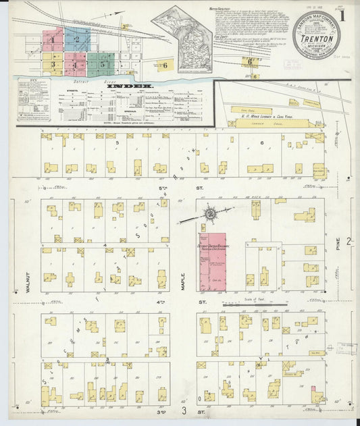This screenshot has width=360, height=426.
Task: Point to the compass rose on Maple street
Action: pyautogui.click(x=210, y=215)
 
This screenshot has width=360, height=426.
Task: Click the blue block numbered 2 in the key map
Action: pyautogui.click(x=77, y=39)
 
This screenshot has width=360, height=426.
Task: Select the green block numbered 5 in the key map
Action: pyautogui.click(x=102, y=64)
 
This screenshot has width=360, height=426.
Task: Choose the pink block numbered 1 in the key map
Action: pyautogui.click(x=53, y=40)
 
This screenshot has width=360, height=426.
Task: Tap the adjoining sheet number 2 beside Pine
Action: pyautogui.click(x=349, y=241)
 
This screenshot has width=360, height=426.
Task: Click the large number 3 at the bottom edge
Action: pyautogui.click(x=182, y=409)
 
